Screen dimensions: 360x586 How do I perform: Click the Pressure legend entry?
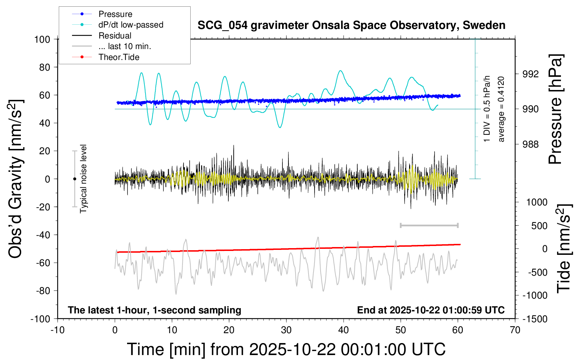tap(115, 14)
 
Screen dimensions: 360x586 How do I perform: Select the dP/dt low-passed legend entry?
tap(131, 25)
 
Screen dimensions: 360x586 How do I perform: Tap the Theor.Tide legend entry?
tap(119, 57)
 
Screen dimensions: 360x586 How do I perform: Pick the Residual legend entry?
tap(115, 36)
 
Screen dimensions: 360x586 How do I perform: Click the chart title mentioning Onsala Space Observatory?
tap(351, 25)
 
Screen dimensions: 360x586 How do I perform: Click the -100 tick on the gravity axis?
tap(40, 319)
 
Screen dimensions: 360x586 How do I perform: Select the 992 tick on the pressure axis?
tap(531, 74)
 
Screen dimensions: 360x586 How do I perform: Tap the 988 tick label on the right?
tap(531, 144)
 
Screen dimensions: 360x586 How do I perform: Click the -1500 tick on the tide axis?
tap(535, 319)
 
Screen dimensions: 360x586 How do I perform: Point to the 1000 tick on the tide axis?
tap(537, 202)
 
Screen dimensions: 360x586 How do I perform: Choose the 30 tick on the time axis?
tap(286, 330)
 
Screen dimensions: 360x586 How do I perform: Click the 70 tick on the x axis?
tap(515, 330)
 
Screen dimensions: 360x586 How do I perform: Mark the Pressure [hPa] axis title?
tap(555, 109)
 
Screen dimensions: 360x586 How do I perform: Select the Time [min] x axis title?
tap(286, 349)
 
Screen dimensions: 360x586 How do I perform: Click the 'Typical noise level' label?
tap(83, 179)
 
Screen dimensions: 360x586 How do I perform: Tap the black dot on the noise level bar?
tap(74, 179)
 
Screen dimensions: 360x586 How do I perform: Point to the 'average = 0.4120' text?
tap(501, 109)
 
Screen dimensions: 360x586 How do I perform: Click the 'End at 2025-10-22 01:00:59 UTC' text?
tap(431, 310)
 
